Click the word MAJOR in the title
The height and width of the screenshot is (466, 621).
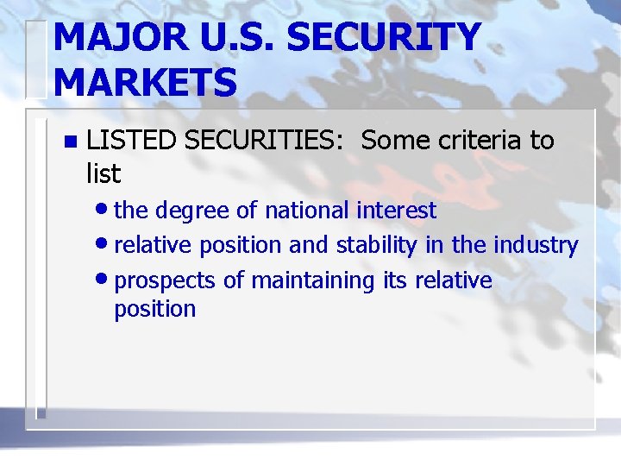112,37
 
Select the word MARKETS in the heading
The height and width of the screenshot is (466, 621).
145,82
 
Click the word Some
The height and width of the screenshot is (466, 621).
392,140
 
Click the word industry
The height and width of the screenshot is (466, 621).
535,246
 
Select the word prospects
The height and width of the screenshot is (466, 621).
165,281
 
